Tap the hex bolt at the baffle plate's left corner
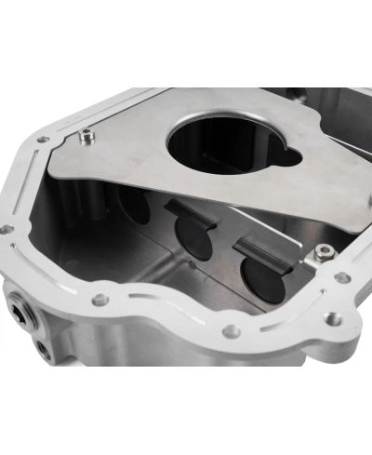(87, 136)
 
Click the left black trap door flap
(193, 215)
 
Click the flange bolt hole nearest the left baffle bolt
(43, 140)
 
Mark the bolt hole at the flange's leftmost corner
(7, 228)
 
